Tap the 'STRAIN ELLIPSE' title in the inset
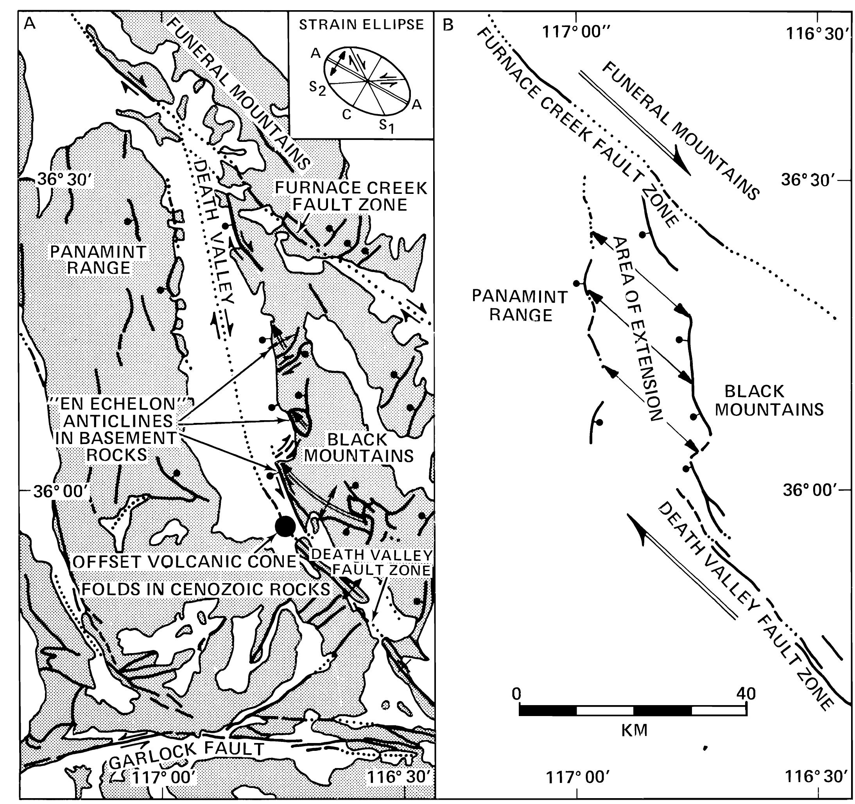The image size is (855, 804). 361,25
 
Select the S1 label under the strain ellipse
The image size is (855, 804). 386,126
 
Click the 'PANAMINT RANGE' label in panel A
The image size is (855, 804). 99,260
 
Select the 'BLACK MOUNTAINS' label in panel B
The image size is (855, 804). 769,400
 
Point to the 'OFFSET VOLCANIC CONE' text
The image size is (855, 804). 185,562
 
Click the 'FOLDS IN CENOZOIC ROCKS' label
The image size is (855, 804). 206,589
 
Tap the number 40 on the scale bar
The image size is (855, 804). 745,693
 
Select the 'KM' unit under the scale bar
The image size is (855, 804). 635,731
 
